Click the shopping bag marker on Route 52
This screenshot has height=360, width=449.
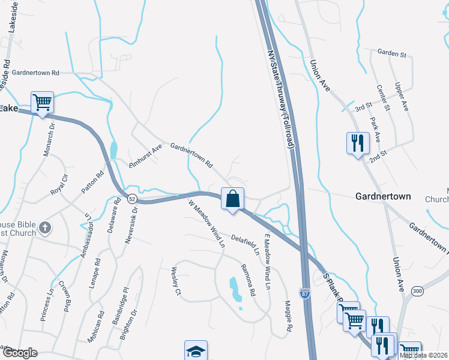pos(233,198)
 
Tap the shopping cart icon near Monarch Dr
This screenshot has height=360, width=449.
pos(42,103)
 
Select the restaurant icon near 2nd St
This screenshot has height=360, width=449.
pos(357,143)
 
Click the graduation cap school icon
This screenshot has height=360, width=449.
pos(196,351)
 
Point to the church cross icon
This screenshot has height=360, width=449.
pos(45,227)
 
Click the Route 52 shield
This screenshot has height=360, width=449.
pos(132,197)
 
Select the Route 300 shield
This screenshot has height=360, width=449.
pos(418,291)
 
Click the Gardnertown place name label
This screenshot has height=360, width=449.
pos(383,196)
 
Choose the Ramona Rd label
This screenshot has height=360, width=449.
pos(249,280)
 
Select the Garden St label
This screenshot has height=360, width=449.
pos(392,53)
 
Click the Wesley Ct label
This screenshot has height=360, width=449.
pos(176,281)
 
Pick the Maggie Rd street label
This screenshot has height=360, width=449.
pos(288,317)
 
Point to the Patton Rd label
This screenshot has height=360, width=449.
pos(92,182)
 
